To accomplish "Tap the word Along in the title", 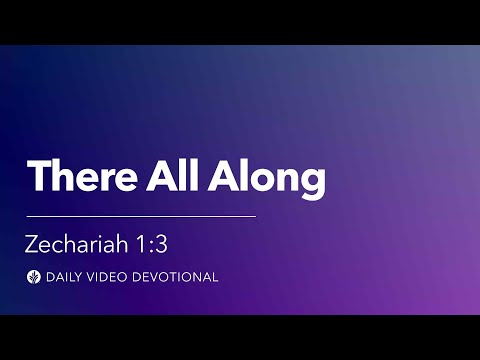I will (270, 178).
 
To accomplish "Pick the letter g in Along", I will (313, 182).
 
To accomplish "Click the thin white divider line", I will (141, 215).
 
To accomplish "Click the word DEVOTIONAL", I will (174, 277).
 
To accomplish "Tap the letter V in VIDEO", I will (90, 277).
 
